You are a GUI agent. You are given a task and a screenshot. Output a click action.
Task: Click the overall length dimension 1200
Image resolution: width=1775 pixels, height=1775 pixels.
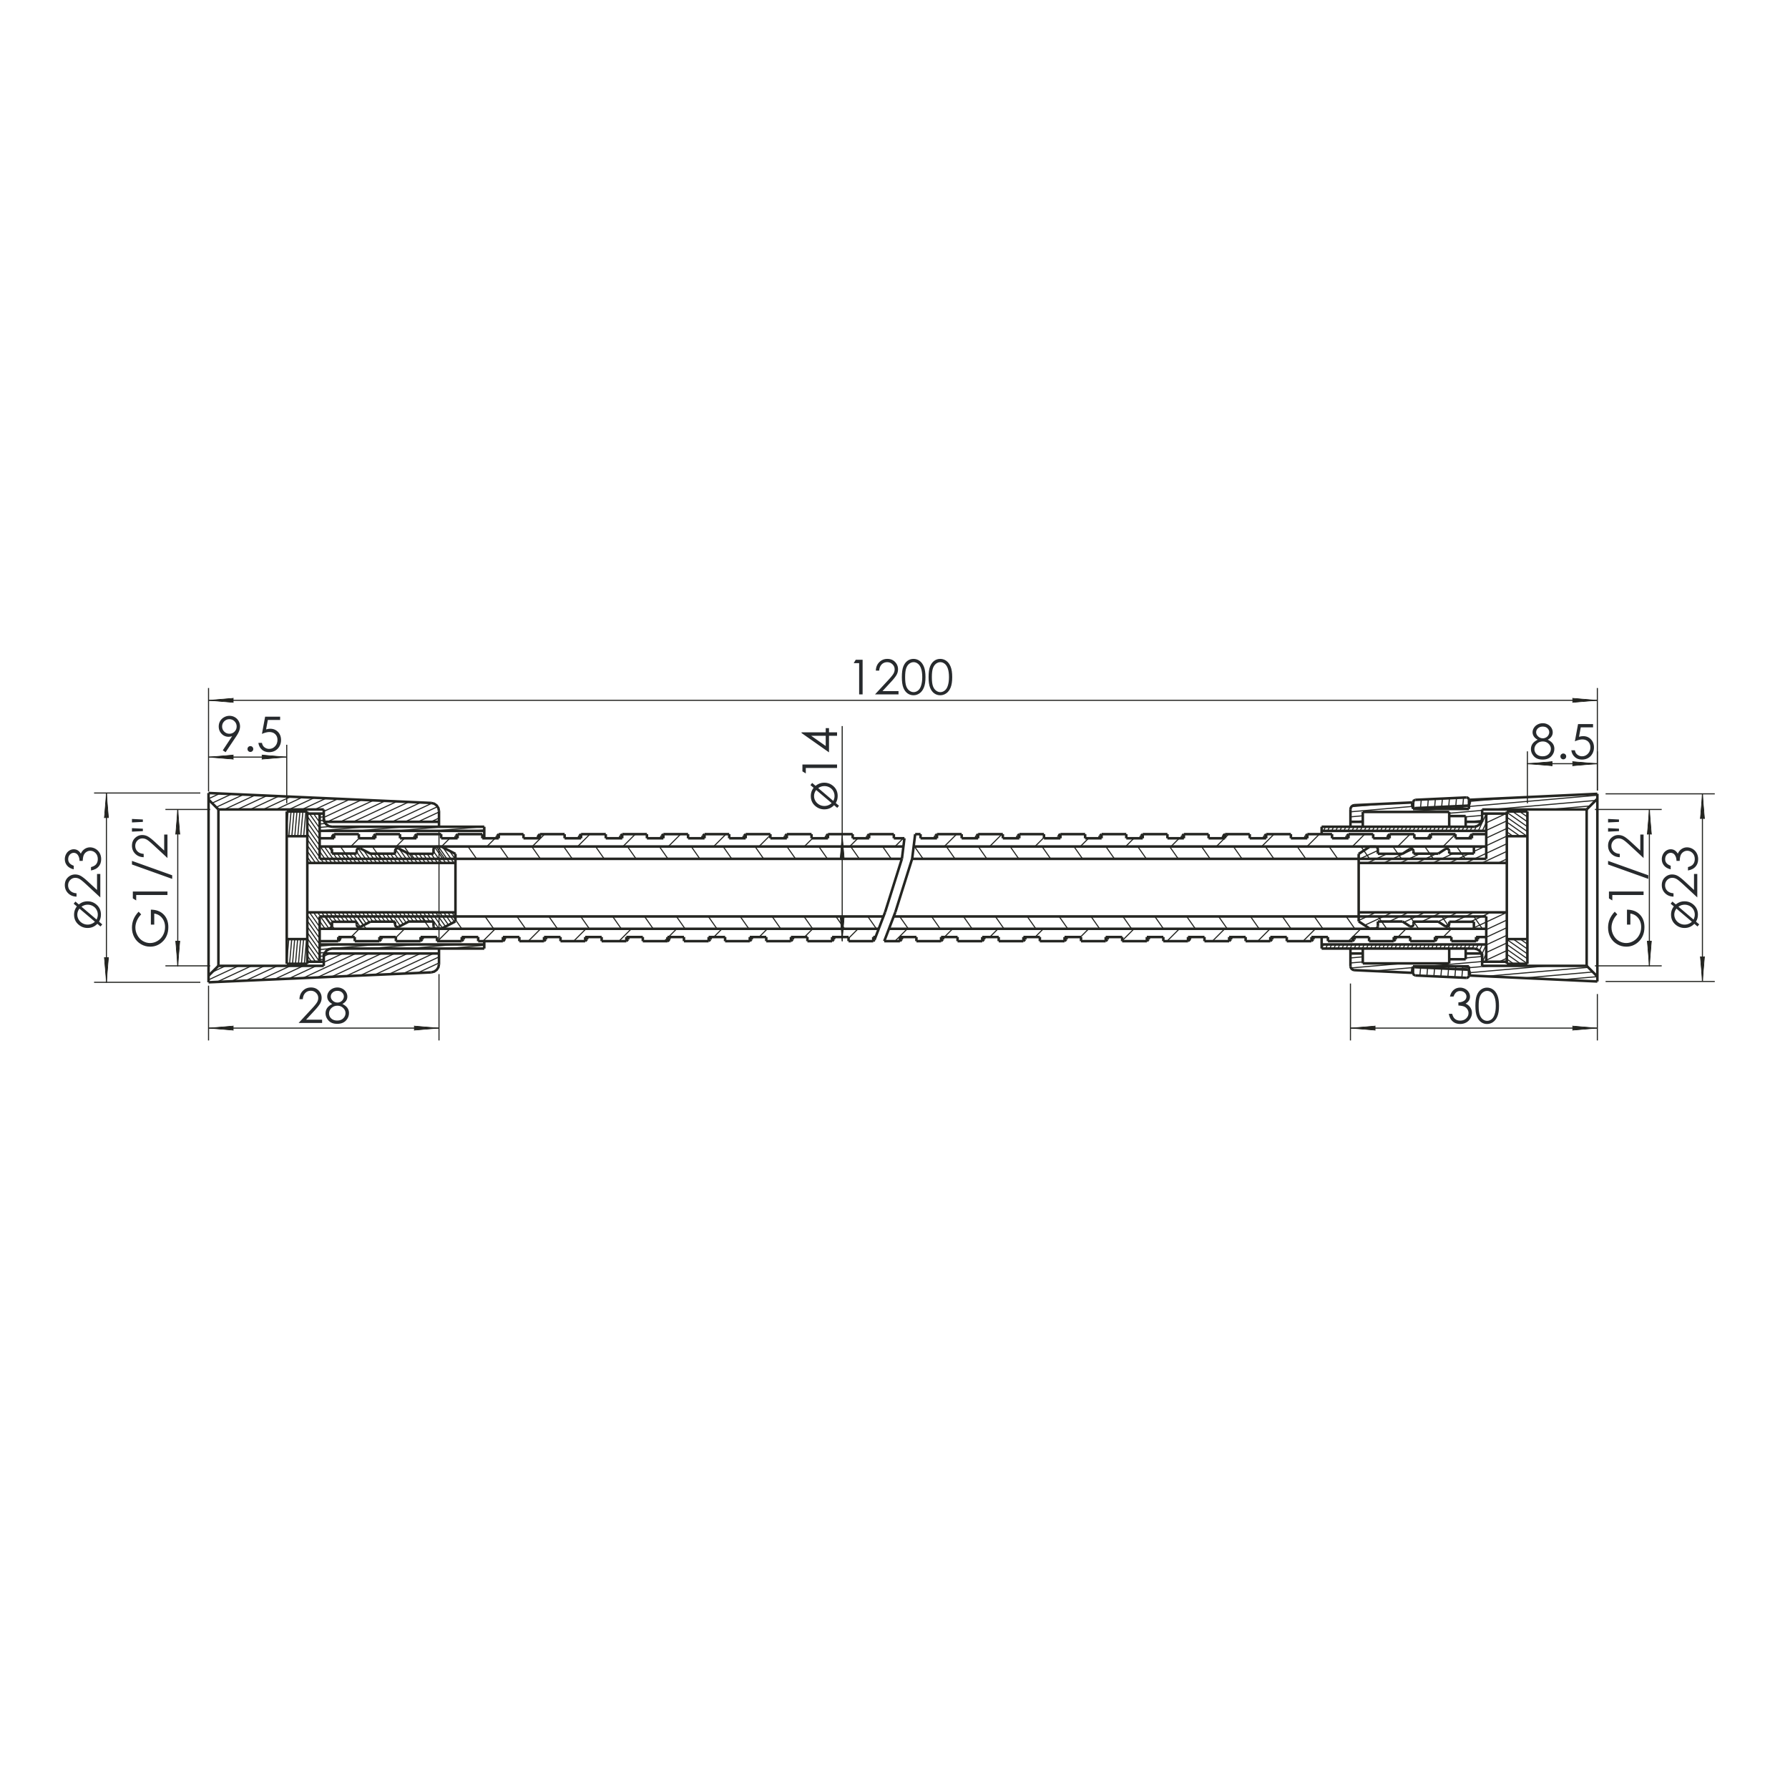tap(902, 678)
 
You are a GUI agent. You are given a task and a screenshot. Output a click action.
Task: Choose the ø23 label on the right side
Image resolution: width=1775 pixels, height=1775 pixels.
tap(1685, 886)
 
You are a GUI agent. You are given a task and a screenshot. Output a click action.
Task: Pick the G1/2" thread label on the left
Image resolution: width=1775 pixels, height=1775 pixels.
tap(151, 883)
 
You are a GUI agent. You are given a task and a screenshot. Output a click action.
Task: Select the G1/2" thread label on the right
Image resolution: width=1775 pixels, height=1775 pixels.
tap(1627, 883)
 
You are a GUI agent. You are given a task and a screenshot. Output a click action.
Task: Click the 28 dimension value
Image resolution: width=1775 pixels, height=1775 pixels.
tap(324, 1008)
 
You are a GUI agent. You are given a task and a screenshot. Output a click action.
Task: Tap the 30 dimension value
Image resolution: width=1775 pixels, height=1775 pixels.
tap(1475, 1008)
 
